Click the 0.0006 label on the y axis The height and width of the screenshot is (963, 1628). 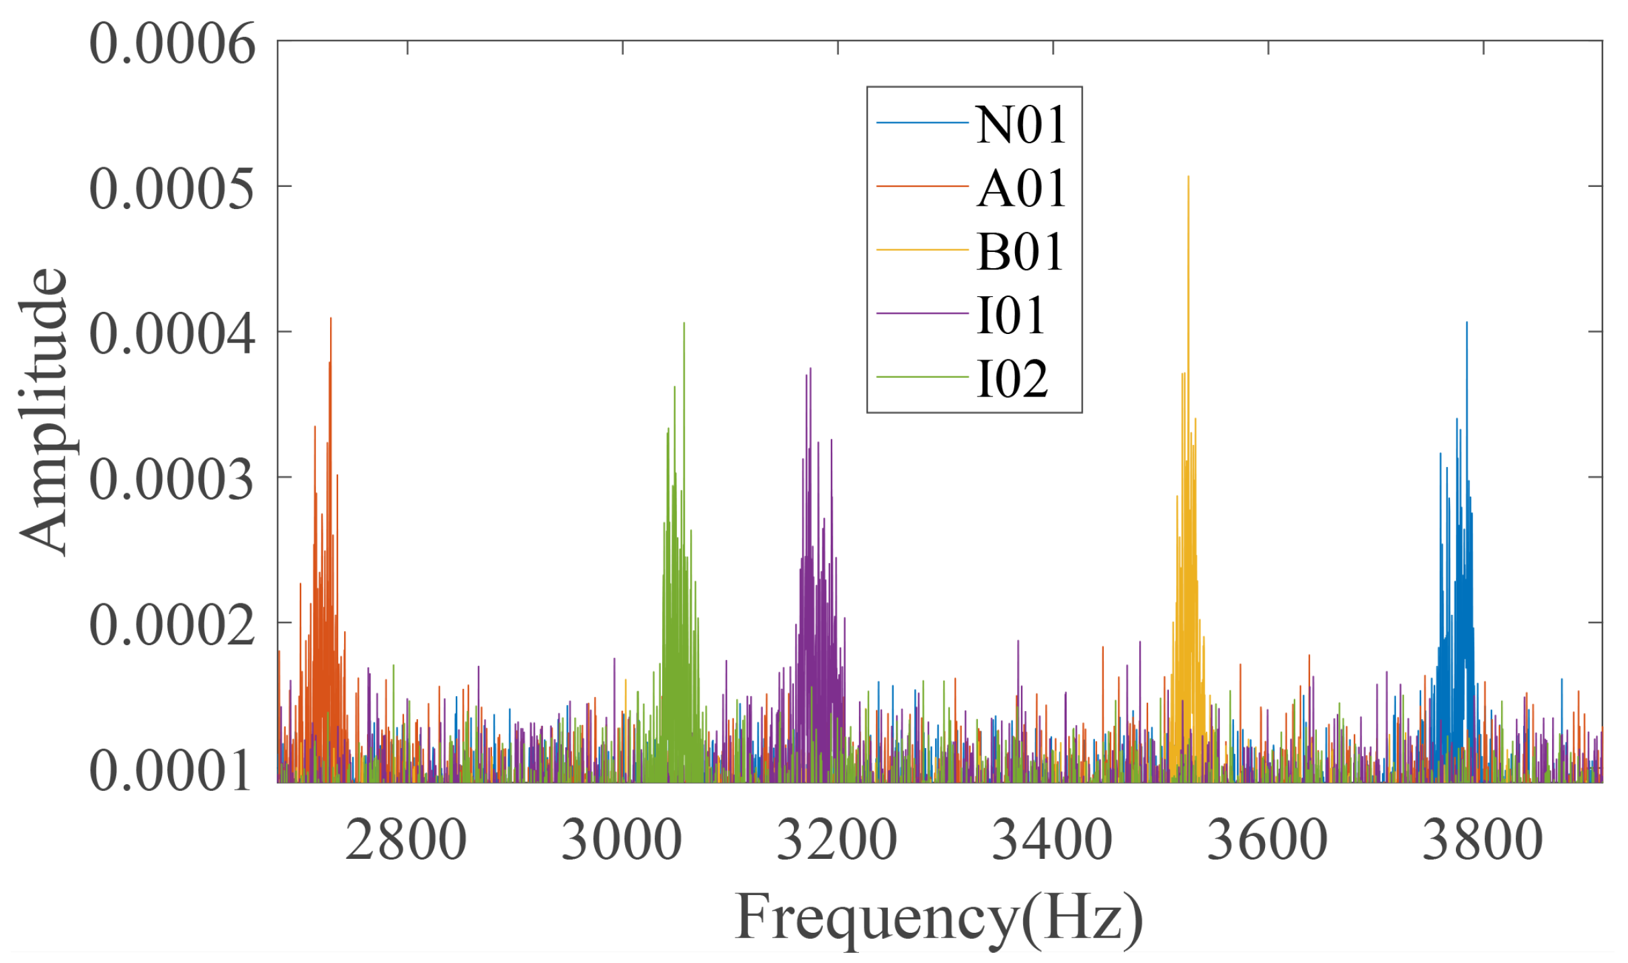(172, 44)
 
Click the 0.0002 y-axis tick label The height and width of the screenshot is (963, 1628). (172, 625)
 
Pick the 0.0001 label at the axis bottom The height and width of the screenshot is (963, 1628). (172, 771)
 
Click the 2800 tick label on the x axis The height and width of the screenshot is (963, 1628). (406, 840)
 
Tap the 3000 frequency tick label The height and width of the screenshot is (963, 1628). (622, 840)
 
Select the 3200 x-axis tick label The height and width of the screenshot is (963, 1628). (837, 840)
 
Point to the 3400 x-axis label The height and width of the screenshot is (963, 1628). (1053, 840)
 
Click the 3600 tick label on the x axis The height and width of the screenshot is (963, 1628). (1268, 840)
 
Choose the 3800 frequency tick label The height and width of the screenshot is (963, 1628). (1483, 840)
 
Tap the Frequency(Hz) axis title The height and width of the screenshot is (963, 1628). (939, 917)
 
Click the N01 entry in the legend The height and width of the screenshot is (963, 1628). (1020, 125)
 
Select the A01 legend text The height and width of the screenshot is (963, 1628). (1020, 188)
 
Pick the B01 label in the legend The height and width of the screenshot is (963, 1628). (1019, 252)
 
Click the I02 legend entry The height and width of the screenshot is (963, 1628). (1012, 378)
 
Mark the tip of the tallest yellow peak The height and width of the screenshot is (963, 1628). (1188, 177)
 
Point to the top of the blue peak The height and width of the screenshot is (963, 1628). (1467, 323)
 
